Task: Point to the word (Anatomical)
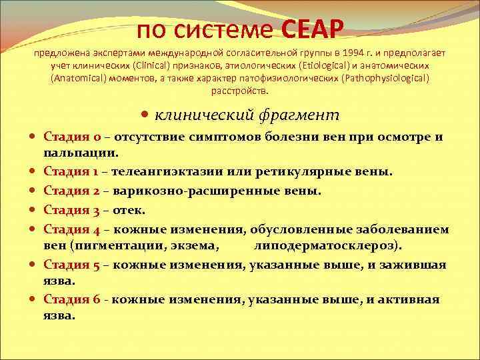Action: click(79, 79)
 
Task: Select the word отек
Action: click(131, 211)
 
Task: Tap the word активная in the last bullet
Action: click(409, 299)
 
